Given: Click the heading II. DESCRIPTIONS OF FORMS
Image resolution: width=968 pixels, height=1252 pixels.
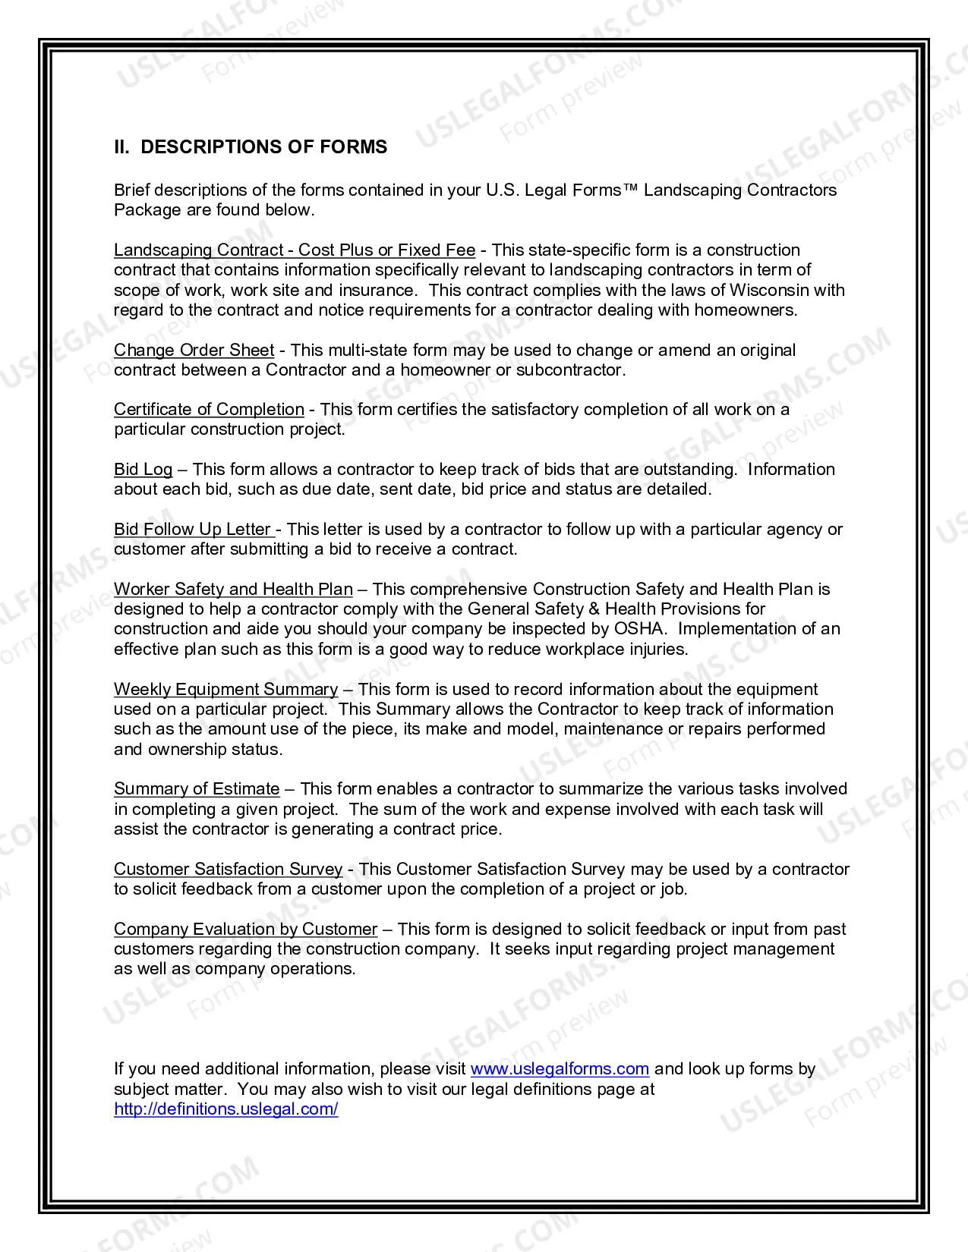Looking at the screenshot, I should (x=251, y=147).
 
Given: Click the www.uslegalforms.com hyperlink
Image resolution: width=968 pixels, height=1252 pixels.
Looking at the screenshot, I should (x=560, y=1069).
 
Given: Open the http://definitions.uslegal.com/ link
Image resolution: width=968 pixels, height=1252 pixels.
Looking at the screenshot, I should (x=226, y=1109).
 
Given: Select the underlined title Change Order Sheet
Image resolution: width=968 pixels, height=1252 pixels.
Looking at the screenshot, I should (x=194, y=351).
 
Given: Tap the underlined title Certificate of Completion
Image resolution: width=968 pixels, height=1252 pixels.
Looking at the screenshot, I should (x=209, y=410).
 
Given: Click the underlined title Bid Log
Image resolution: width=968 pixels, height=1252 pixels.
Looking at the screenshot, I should (x=143, y=470).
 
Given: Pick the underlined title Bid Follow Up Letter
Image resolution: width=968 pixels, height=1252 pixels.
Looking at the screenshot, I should (x=194, y=530).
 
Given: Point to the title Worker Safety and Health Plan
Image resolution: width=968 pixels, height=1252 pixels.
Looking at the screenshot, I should (x=233, y=590).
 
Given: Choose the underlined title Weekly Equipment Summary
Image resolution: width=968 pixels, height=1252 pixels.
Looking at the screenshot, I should (x=225, y=690).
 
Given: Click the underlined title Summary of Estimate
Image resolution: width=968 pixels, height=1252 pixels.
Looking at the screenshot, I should (x=197, y=789).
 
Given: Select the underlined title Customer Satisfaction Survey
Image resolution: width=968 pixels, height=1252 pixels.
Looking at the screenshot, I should (x=228, y=870).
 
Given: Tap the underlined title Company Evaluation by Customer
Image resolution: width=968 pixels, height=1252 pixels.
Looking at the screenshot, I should (x=245, y=930).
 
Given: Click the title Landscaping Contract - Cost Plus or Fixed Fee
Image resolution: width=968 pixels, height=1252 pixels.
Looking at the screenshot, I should (x=295, y=250).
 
